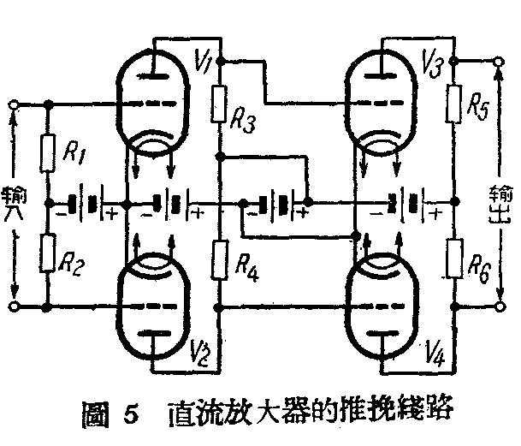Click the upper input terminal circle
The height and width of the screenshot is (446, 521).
pos(13,105)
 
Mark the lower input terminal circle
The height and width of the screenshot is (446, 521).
pos(13,306)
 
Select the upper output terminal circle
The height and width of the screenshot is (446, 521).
pos(499,62)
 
